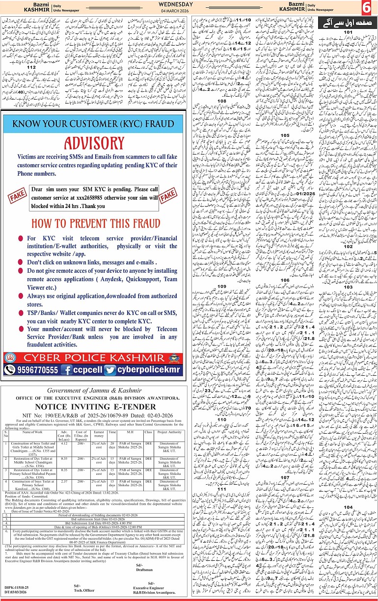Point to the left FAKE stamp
click(x=17, y=196)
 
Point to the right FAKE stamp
click(x=168, y=195)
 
